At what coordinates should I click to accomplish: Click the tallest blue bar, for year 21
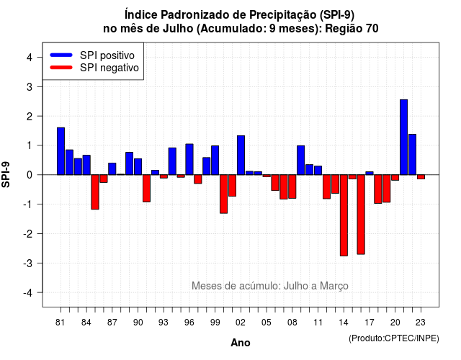[403, 138]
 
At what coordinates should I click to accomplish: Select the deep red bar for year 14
[344, 215]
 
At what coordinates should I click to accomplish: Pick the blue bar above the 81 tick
[61, 151]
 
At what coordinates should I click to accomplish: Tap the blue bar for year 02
[241, 156]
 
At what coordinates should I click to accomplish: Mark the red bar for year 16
[361, 215]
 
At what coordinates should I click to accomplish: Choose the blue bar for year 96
[189, 159]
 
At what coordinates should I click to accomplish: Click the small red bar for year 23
[421, 177]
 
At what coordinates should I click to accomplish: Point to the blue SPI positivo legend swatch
[61, 55]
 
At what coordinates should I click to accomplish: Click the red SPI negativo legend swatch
[61, 67]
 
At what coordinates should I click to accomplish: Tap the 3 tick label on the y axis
[29, 86]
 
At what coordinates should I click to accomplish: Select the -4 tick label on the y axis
[28, 293]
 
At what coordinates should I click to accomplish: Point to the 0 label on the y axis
[29, 175]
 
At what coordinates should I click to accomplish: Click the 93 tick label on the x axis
[164, 323]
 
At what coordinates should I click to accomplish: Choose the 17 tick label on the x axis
[370, 323]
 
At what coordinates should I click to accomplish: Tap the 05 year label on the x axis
[267, 323]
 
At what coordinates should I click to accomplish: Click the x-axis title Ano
[241, 343]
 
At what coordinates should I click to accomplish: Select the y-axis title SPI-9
[6, 174]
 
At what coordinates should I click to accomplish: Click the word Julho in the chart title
[178, 29]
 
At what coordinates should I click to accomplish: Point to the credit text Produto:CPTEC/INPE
[394, 338]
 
